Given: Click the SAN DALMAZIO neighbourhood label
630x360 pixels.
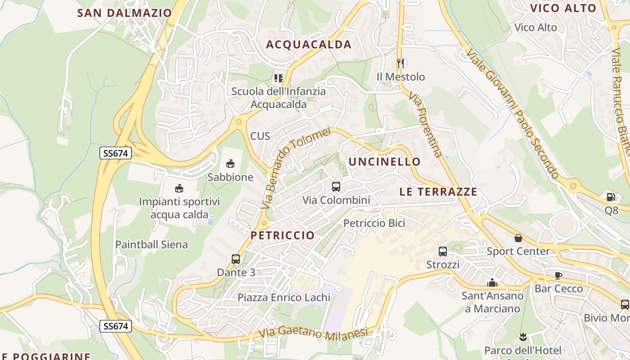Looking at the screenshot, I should point(125,13).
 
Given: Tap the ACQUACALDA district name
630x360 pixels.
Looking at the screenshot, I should point(309,44).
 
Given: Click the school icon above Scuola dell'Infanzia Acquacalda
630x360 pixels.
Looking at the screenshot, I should point(279,78).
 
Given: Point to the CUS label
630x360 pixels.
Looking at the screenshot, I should point(260,135).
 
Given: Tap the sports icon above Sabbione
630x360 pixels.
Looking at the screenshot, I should point(230,163).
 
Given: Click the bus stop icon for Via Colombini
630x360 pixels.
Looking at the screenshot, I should point(336,186).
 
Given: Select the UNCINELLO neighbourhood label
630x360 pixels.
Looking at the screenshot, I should point(384,162).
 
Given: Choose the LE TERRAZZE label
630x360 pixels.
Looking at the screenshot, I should point(438,192).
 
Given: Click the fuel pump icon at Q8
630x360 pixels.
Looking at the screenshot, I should point(611,197).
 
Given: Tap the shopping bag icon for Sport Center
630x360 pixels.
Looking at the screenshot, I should point(518,238).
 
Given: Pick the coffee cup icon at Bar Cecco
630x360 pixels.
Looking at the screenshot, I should point(558,275).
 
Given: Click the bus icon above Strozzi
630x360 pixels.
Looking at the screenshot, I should point(443,251).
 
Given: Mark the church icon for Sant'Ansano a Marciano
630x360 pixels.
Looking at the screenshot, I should point(492,283).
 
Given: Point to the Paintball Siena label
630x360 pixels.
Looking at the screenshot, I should point(152,244).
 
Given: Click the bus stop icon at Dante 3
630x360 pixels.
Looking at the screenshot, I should point(236,259).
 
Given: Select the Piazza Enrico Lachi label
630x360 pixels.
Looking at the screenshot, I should point(284,297).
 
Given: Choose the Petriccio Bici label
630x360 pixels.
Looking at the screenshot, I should point(374,223).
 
